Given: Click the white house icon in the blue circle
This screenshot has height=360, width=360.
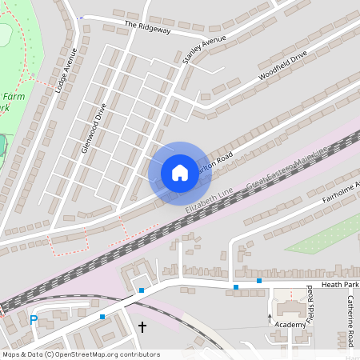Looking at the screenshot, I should click(x=179, y=172).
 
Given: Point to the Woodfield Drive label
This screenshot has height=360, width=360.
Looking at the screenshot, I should click(x=282, y=66).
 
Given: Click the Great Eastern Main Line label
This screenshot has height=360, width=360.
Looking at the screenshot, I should click(x=287, y=169).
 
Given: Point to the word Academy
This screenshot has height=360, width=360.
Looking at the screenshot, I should click(x=290, y=325).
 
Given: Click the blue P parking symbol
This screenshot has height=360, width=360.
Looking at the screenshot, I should click(x=34, y=320).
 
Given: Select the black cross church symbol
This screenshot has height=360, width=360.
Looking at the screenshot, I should click(x=143, y=326).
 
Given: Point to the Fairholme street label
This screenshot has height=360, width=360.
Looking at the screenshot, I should click(x=340, y=192).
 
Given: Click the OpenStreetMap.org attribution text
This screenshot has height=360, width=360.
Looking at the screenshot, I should click(x=97, y=354).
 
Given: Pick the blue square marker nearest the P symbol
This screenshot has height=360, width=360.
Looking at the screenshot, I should click(x=102, y=317).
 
